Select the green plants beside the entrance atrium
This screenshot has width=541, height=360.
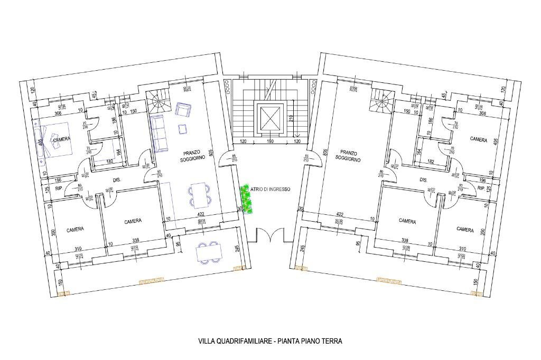tap(246, 199)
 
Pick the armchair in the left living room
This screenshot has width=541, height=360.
tap(183, 110)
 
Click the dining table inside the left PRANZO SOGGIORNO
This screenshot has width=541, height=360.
tap(199, 195)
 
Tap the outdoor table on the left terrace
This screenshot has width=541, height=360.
tap(208, 252)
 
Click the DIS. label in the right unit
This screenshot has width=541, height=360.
tap(423, 180)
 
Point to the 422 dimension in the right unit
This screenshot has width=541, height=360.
tap(340, 214)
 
